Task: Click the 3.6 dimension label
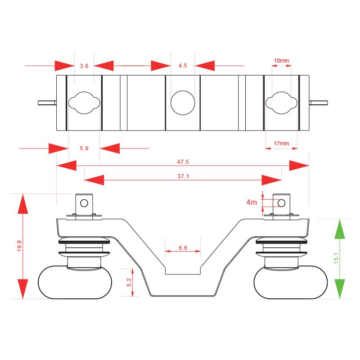click(x=84, y=66)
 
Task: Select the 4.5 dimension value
click(x=183, y=66)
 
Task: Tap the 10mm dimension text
click(x=281, y=61)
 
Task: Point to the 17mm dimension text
click(x=281, y=144)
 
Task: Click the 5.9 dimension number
click(x=84, y=148)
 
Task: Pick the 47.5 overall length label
click(x=183, y=162)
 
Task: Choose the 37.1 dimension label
click(x=183, y=176)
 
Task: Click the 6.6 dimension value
click(x=183, y=248)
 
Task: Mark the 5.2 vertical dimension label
click(x=129, y=282)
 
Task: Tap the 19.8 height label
click(x=19, y=246)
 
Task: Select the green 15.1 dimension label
click(x=336, y=258)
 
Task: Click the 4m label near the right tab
click(x=252, y=202)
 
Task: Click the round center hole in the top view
click(x=183, y=103)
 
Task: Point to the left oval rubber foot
click(x=75, y=283)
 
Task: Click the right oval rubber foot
click(x=291, y=283)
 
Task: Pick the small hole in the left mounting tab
click(x=84, y=203)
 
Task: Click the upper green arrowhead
click(x=340, y=229)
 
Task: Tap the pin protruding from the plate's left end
click(x=47, y=103)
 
